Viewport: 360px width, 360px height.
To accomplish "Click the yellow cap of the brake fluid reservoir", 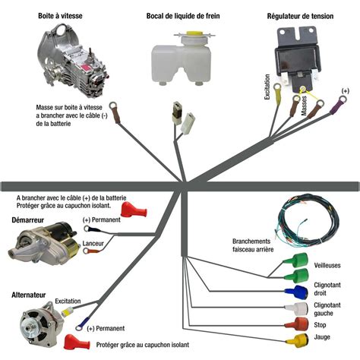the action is point(194,33).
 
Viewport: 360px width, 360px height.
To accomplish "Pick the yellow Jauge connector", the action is point(297,339).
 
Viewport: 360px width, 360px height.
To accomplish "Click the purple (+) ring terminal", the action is point(339,105).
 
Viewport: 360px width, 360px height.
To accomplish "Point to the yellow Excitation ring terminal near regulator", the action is point(276,93).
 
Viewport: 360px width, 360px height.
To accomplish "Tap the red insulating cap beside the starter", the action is point(134,210).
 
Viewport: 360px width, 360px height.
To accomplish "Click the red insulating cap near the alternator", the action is point(77,342).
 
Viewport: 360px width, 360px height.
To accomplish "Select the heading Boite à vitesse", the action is point(60,16).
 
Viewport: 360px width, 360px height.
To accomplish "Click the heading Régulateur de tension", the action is point(300,16).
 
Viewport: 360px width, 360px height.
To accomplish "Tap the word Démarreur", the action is point(28,220).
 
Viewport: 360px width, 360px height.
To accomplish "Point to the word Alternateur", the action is point(29,295).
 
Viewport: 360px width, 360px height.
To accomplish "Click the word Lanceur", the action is point(93,244).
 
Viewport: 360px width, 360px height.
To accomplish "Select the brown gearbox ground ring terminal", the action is point(115,112).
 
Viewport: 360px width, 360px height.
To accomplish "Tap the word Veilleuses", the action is point(327,265).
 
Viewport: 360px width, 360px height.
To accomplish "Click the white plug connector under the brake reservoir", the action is point(188,123).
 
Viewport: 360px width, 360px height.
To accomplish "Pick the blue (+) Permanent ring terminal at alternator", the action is point(83,324).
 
